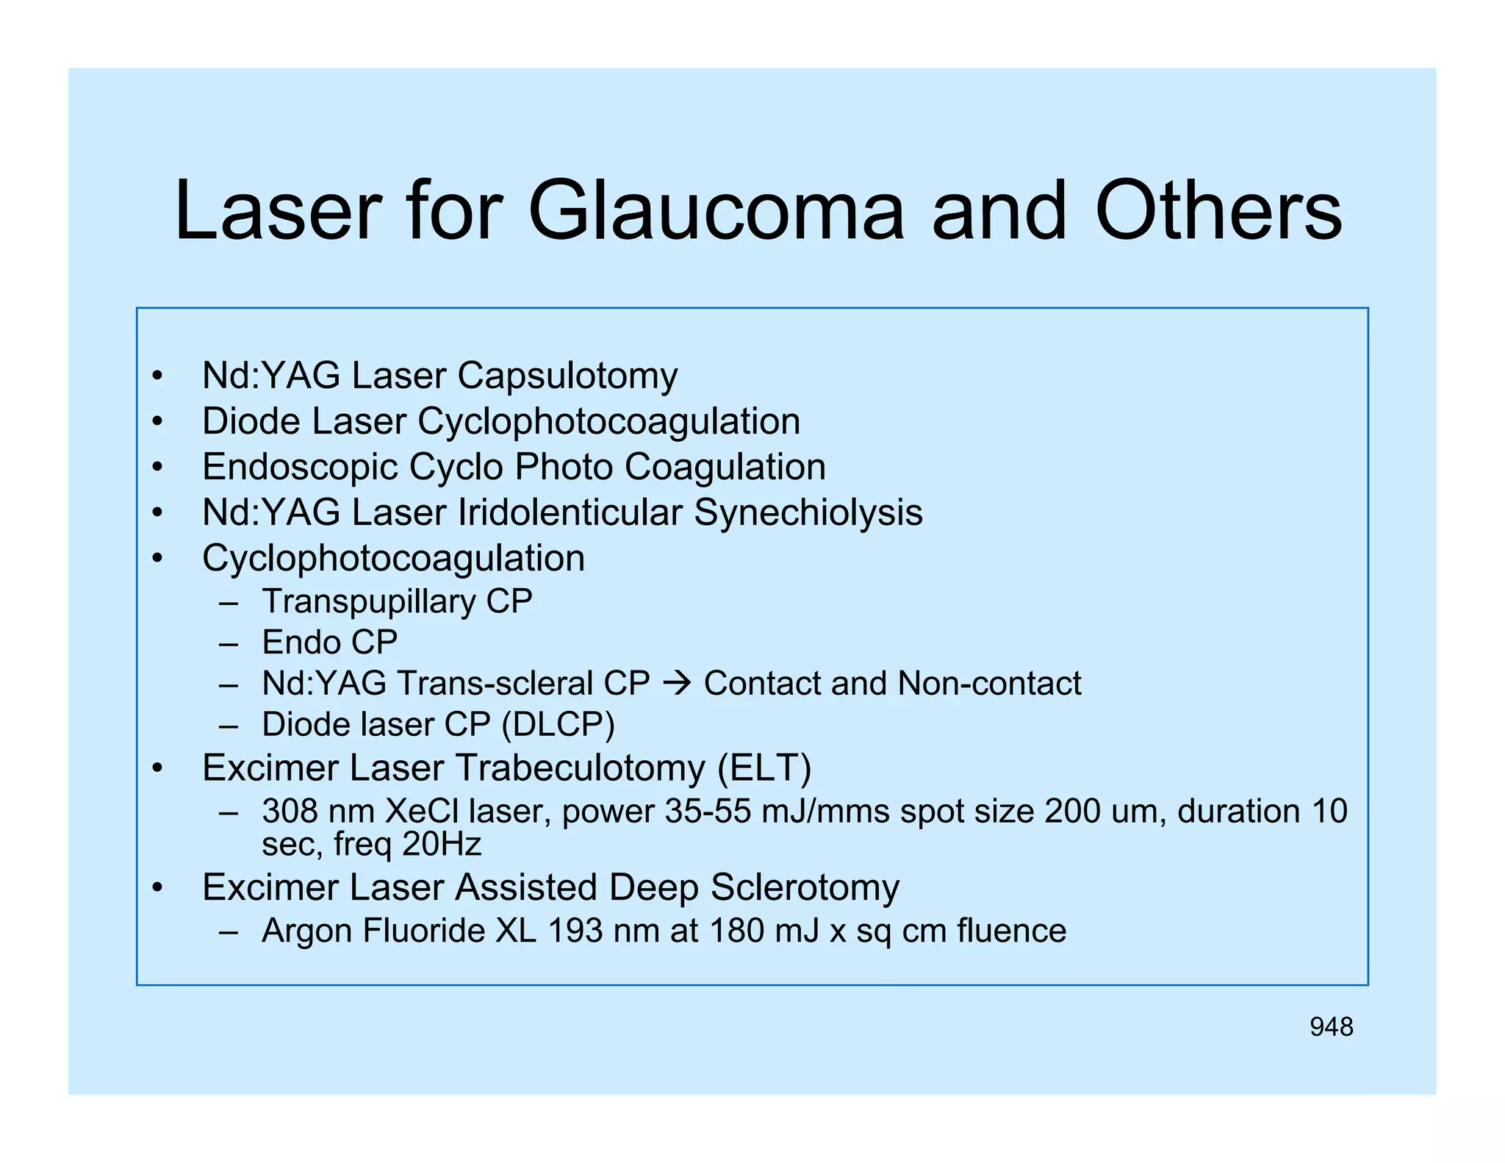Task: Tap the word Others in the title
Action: point(1218,211)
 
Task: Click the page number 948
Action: point(1331,1027)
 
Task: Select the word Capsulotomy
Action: point(567,376)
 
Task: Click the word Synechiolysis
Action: point(808,512)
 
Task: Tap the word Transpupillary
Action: point(369,601)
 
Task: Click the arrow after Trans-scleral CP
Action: point(676,683)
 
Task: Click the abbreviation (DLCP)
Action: point(558,725)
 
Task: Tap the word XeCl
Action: point(422,812)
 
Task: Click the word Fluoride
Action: point(424,931)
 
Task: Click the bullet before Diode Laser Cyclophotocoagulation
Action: point(157,422)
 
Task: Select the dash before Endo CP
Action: point(229,643)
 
